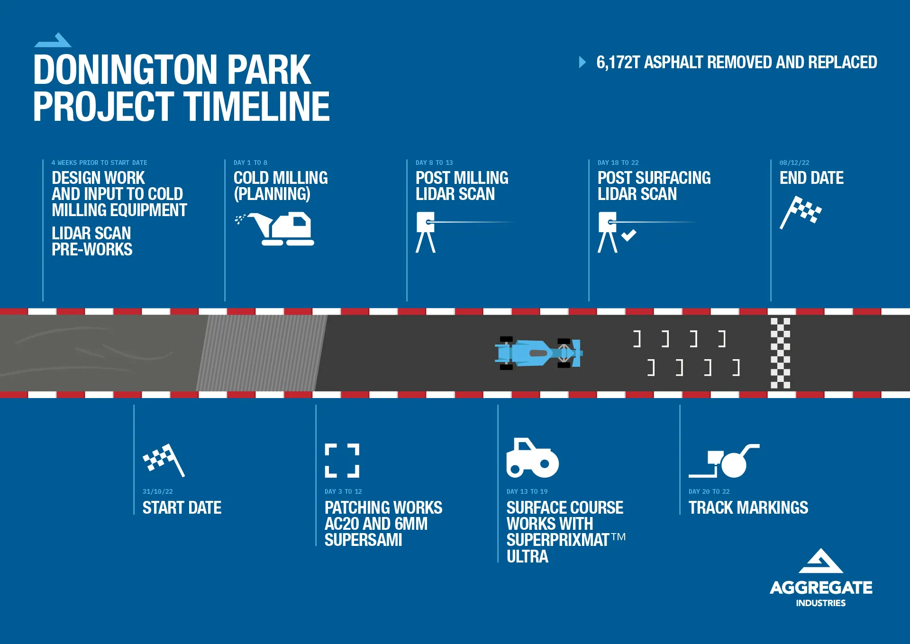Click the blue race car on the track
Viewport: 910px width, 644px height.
(539, 353)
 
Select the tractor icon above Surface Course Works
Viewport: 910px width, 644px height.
(532, 458)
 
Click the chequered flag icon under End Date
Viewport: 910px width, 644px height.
(801, 212)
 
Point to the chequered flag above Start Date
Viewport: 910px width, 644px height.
(164, 460)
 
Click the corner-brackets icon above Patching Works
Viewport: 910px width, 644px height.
(342, 460)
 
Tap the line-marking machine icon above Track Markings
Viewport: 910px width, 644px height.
(724, 461)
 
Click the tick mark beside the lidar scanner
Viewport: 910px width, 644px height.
(628, 235)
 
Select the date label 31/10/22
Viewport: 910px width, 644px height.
(158, 491)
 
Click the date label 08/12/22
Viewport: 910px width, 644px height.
(794, 163)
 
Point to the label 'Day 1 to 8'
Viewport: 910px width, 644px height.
(250, 163)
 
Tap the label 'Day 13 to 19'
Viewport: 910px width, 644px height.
(527, 491)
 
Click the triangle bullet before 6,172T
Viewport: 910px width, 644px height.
(582, 62)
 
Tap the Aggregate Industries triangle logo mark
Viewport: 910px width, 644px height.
(821, 561)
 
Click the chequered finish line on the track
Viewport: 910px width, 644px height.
(780, 353)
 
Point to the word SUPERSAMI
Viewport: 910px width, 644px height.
(363, 540)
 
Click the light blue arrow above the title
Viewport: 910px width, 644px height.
(53, 40)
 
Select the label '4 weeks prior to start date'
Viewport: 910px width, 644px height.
(99, 163)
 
